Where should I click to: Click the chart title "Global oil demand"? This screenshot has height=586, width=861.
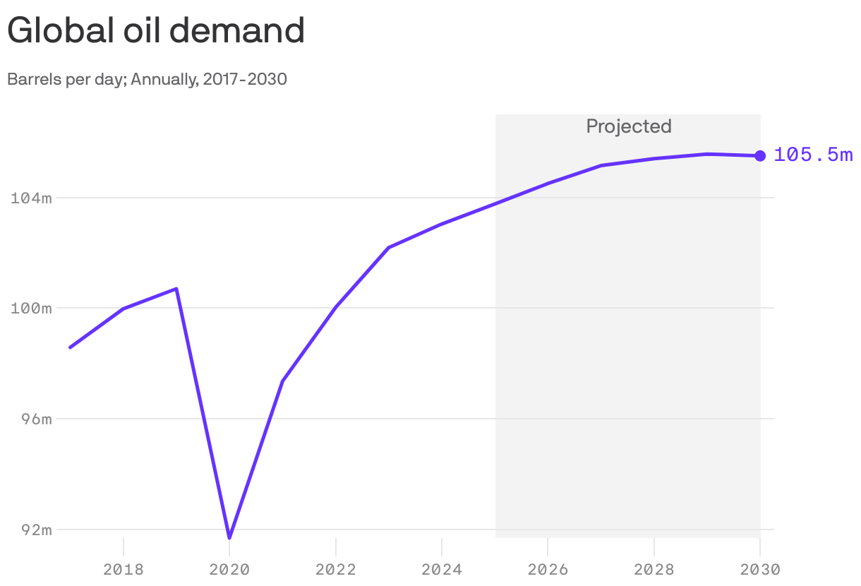tap(156, 30)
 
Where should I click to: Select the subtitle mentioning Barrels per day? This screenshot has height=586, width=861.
tap(147, 79)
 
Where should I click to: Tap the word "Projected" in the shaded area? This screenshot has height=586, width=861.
tap(628, 126)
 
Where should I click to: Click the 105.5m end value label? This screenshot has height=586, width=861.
tap(813, 155)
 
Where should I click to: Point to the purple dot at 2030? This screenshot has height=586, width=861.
tap(760, 156)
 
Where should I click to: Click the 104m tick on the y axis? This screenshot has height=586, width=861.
tap(32, 198)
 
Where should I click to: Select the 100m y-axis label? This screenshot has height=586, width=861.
tap(32, 309)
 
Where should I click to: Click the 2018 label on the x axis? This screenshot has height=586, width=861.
tap(124, 569)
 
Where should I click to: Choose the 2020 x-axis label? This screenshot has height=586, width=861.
tap(229, 569)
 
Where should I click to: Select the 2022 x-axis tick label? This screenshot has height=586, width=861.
tap(336, 569)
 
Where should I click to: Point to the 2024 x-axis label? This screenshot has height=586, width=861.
tap(442, 569)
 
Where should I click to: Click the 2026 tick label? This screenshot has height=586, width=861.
tap(548, 569)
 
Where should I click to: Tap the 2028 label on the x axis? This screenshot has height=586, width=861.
tap(654, 569)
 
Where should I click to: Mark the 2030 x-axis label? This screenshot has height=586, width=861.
tap(759, 569)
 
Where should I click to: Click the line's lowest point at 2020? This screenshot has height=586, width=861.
tap(229, 537)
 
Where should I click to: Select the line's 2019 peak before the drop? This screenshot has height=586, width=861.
tap(176, 289)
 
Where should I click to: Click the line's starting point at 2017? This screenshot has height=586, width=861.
tap(70, 347)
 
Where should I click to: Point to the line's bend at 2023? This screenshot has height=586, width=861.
tap(389, 248)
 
